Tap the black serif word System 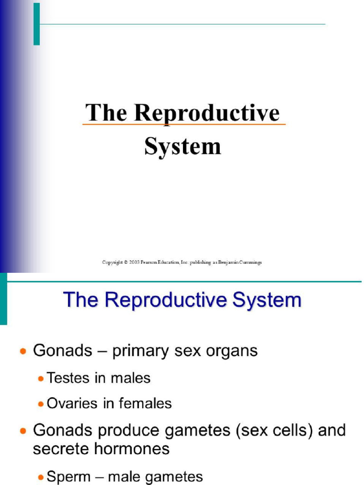[182, 146]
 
